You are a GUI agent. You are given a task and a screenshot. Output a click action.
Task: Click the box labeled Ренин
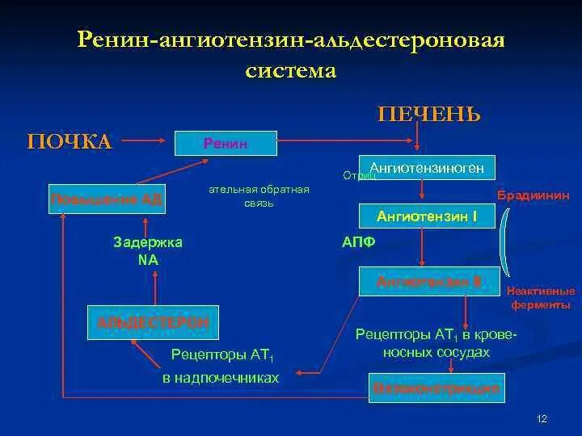(226, 144)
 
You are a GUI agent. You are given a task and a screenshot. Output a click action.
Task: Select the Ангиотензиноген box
(426, 168)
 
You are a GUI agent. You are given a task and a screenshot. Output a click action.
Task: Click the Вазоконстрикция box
(436, 388)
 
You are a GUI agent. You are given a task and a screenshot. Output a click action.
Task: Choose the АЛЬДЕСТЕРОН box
(153, 322)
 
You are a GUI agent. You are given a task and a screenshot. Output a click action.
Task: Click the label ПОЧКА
(70, 142)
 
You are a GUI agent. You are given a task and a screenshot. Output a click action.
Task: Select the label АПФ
(359, 242)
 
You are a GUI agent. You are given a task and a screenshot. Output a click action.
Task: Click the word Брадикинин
(533, 196)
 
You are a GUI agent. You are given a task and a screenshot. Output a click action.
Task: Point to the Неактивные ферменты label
(541, 298)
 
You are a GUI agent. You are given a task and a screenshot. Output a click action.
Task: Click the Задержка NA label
(148, 250)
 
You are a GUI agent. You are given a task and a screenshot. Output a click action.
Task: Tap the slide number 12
(542, 419)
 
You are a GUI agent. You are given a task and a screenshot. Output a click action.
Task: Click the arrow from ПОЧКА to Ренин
(144, 143)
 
